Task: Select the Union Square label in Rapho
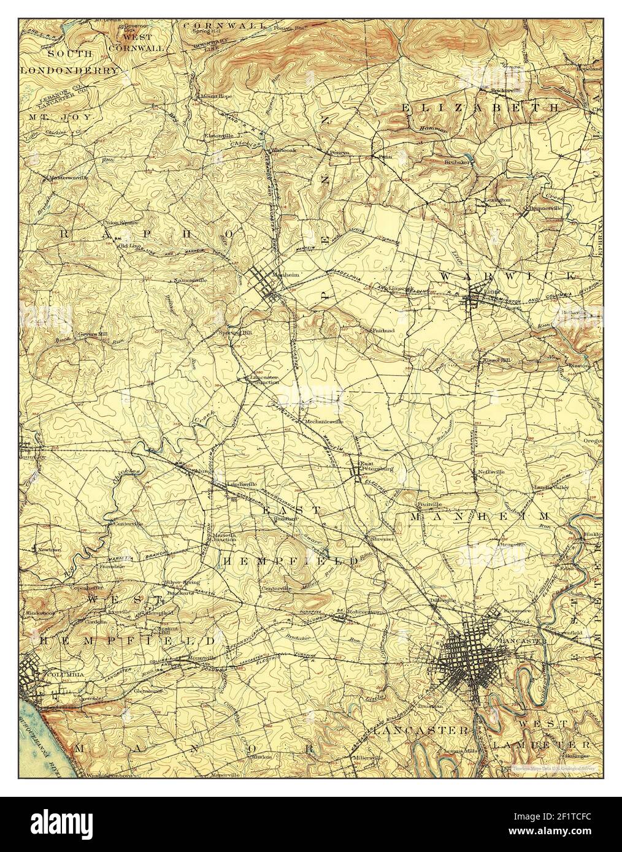pos(120,223)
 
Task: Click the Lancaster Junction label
pos(264,379)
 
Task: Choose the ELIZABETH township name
pos(481,107)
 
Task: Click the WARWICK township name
pos(508,277)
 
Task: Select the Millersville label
pos(366,758)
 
